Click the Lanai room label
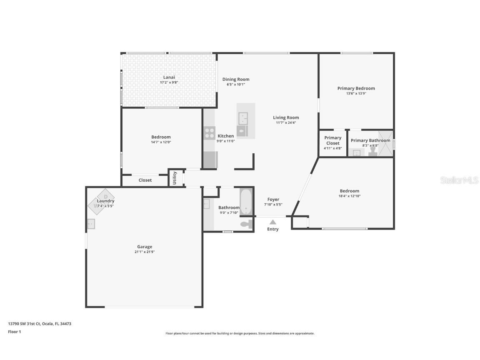pos(169,77)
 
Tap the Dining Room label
pos(236,79)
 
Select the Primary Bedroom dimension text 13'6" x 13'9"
pos(356,94)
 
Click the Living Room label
pos(286,117)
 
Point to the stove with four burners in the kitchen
pos(210,133)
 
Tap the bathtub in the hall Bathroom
pos(246,202)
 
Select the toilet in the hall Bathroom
pos(246,224)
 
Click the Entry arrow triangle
pos(272,222)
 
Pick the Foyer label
pos(273,199)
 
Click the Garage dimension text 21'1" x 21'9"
pos(145,252)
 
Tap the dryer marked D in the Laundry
pos(106,196)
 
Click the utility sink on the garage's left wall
pos(91,224)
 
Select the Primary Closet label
pos(333,140)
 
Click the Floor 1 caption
pos(14,332)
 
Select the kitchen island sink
pos(243,118)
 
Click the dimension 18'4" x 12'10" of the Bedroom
pos(349,196)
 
